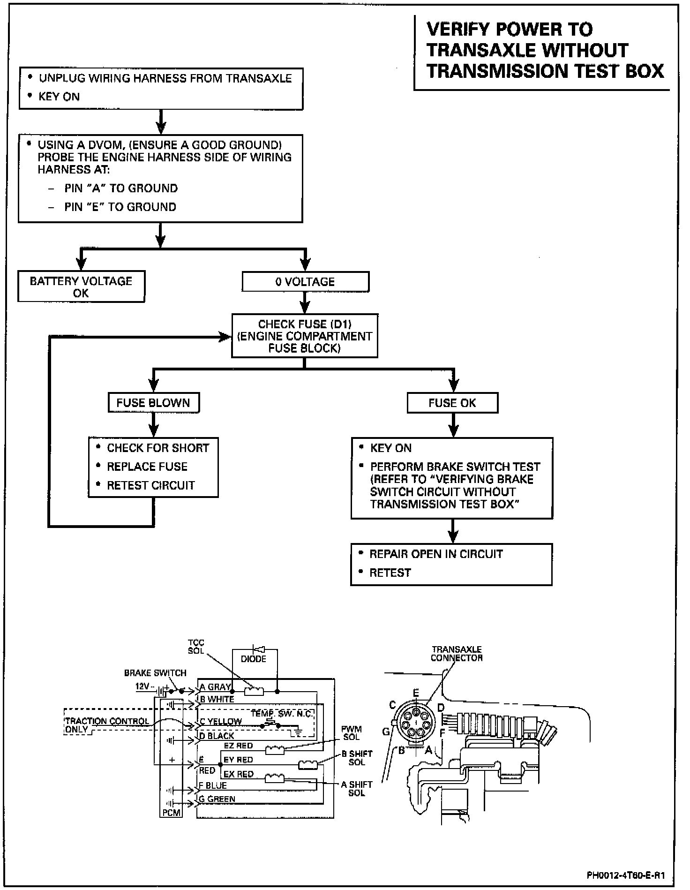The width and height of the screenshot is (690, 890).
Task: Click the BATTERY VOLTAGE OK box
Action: coord(81,287)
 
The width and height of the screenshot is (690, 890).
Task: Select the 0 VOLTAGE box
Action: coord(305,282)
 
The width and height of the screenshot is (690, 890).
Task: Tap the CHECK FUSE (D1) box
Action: coord(305,336)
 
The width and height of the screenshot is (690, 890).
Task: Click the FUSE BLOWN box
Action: coord(153,403)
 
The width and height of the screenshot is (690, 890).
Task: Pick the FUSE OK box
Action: coord(452,403)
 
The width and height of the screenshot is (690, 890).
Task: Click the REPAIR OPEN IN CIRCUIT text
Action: coord(435,554)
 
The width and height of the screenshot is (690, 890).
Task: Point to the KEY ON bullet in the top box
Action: coord(59,97)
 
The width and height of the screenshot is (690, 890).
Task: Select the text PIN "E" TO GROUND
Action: coord(120,207)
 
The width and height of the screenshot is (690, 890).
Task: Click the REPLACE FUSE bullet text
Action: coord(147,467)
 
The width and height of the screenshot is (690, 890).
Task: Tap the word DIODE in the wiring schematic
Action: coord(254,659)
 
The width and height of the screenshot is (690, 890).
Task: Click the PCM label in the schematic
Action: coord(171,812)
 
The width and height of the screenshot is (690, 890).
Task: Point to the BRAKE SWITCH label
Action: coord(155,673)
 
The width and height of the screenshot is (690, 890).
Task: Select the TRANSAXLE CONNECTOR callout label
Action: coord(457,654)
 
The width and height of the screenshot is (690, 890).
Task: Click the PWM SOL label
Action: coord(351,733)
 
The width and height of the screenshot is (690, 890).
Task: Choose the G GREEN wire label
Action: coord(217,799)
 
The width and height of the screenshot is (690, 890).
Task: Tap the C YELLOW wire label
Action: coord(220,722)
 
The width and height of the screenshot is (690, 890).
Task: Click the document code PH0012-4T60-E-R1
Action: coord(626,875)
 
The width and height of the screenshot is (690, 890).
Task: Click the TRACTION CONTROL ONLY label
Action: coord(106,725)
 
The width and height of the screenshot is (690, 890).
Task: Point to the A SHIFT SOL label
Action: coord(357,788)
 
